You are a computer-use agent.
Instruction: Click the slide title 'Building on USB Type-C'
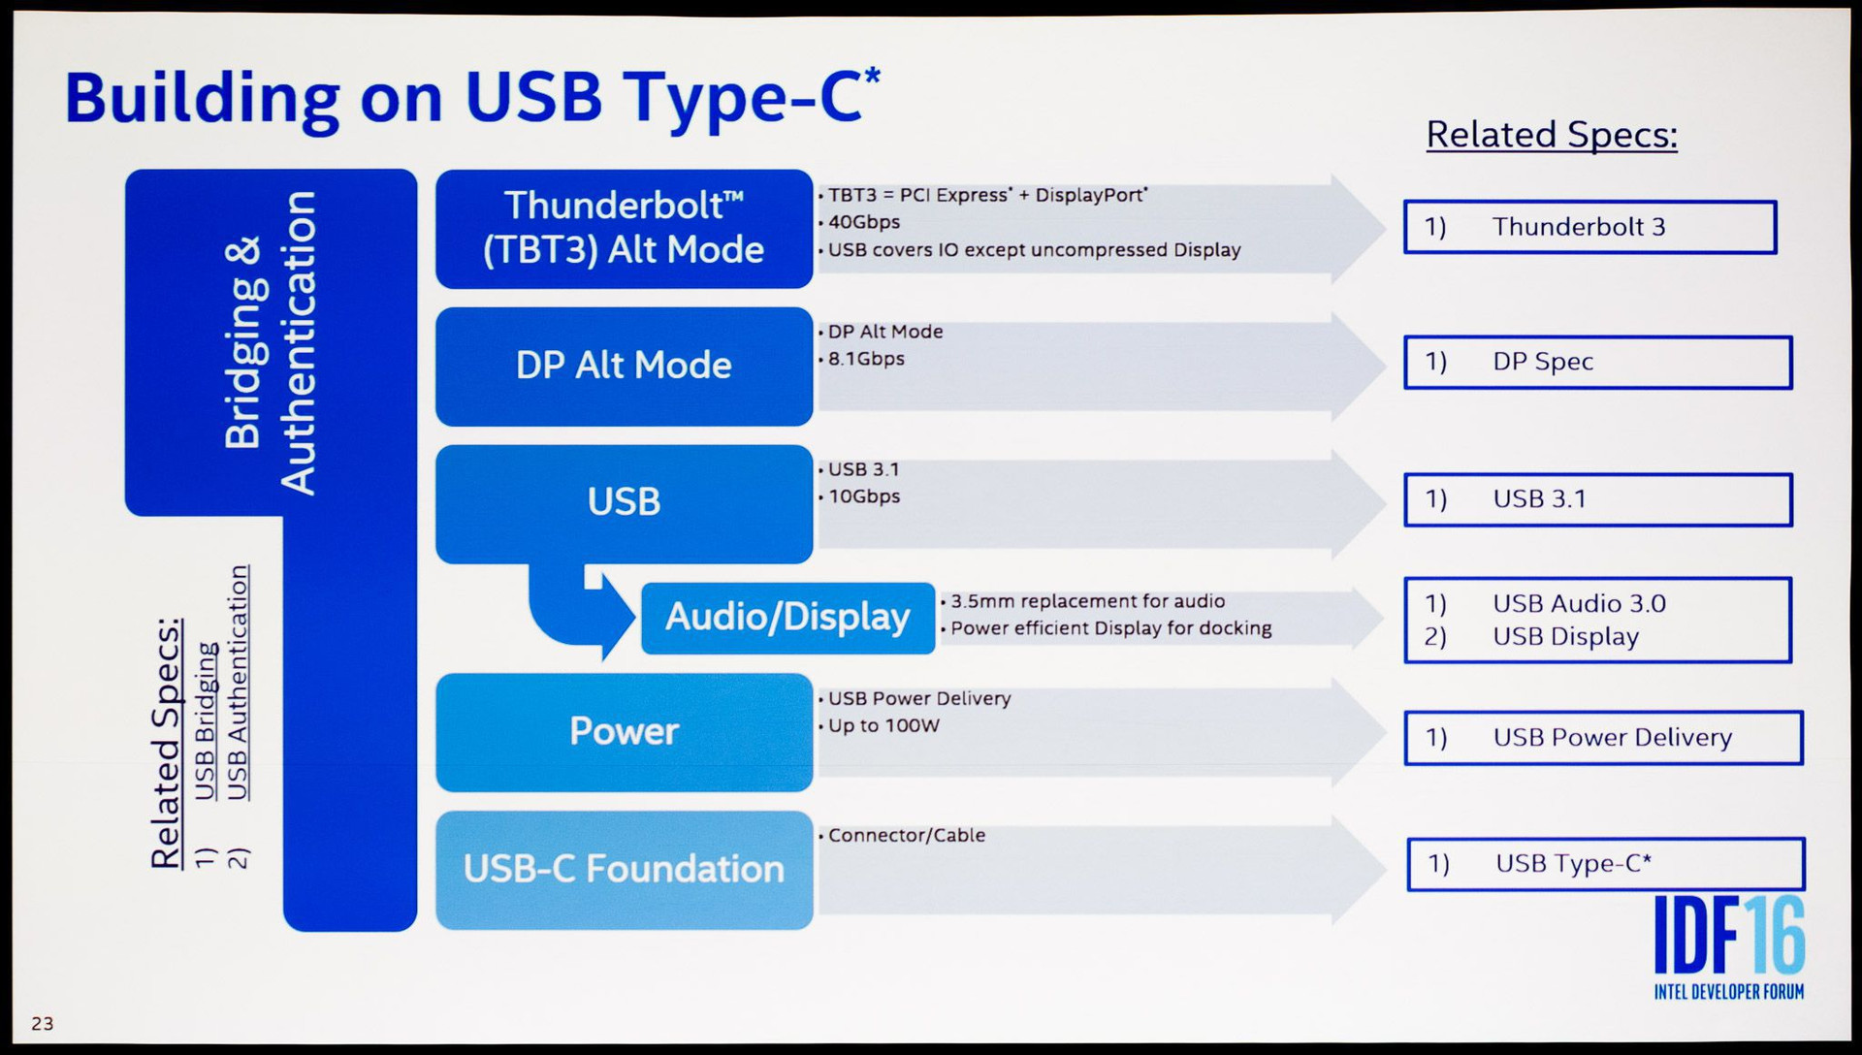tap(472, 99)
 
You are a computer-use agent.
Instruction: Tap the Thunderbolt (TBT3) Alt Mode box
tap(624, 229)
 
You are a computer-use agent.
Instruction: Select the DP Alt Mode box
tap(624, 367)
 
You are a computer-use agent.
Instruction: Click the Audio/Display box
tap(787, 618)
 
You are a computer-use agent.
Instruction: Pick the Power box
tap(624, 732)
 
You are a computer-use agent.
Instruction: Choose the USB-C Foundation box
tap(624, 870)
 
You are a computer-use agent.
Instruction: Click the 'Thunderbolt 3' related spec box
tap(1589, 227)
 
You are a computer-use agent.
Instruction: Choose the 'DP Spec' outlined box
tap(1597, 362)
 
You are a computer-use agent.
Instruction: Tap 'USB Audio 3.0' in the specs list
tap(1579, 603)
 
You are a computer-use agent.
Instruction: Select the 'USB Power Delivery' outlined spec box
tap(1603, 738)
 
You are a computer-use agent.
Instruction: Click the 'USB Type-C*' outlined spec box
tap(1605, 864)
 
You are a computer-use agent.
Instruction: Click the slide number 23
tap(43, 1023)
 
